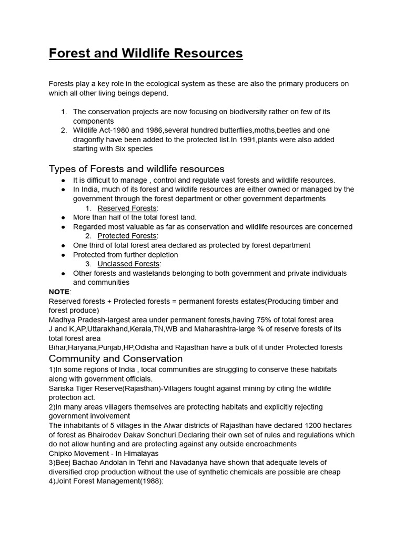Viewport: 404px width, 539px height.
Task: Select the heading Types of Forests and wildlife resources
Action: pos(136,169)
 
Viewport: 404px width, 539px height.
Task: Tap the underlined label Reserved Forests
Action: pos(127,208)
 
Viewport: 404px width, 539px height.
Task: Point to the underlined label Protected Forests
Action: pos(127,236)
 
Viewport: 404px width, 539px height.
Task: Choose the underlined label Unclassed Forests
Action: pos(128,264)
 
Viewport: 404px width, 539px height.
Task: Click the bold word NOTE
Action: pos(59,292)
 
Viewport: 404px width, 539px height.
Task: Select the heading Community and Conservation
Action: pos(115,358)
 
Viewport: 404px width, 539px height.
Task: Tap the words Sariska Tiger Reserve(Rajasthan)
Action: pos(107,388)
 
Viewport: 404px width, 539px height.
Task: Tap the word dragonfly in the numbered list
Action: pos(90,139)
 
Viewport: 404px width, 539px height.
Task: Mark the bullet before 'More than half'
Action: pos(63,217)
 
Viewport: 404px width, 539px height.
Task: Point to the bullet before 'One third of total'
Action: pos(63,245)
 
